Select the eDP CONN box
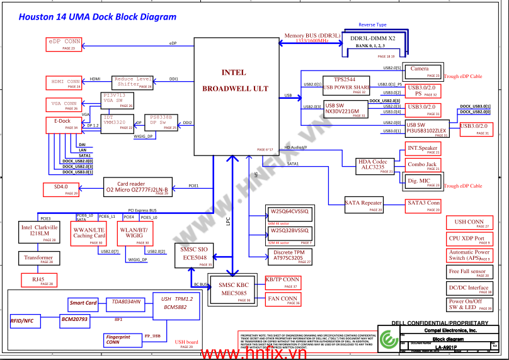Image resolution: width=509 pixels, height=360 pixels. click(x=65, y=44)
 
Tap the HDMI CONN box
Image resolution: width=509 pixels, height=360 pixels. click(x=64, y=83)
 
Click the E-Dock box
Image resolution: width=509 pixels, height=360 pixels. click(x=62, y=124)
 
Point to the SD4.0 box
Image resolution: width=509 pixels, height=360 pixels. click(x=61, y=189)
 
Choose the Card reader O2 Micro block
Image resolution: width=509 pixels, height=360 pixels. click(x=137, y=186)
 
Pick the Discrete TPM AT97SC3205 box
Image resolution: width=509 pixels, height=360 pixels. click(x=289, y=256)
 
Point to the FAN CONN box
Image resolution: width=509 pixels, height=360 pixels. click(x=283, y=300)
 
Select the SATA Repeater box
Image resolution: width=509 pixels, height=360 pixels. click(x=363, y=203)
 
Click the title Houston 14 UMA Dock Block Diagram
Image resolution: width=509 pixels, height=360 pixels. click(x=98, y=17)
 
